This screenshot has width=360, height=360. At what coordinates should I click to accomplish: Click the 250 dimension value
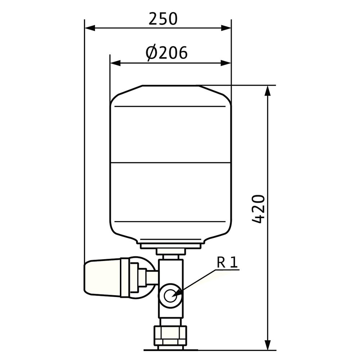pyautogui.click(x=163, y=19)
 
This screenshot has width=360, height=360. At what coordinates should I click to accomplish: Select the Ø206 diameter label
pyautogui.click(x=167, y=53)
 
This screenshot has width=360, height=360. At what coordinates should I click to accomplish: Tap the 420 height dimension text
pyautogui.click(x=258, y=209)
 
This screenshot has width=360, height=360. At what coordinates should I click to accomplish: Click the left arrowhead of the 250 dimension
pyautogui.click(x=90, y=28)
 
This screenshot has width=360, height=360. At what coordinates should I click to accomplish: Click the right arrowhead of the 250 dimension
pyautogui.click(x=226, y=28)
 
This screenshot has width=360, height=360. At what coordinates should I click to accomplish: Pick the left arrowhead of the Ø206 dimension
pyautogui.click(x=115, y=63)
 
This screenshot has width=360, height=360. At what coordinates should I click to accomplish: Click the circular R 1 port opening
pyautogui.click(x=170, y=296)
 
